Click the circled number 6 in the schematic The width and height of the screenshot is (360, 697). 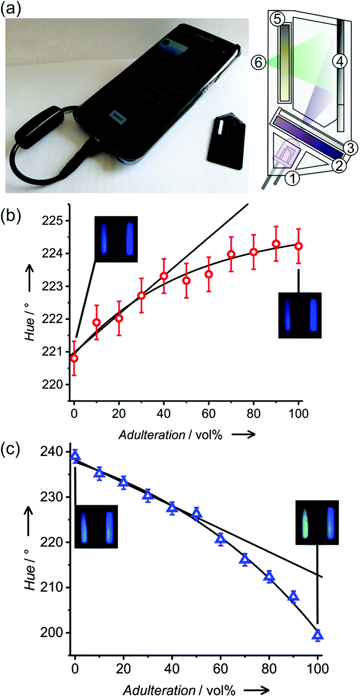pos(258,61)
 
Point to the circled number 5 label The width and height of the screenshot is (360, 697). pos(278,19)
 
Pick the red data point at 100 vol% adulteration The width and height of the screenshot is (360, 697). pos(299,246)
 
